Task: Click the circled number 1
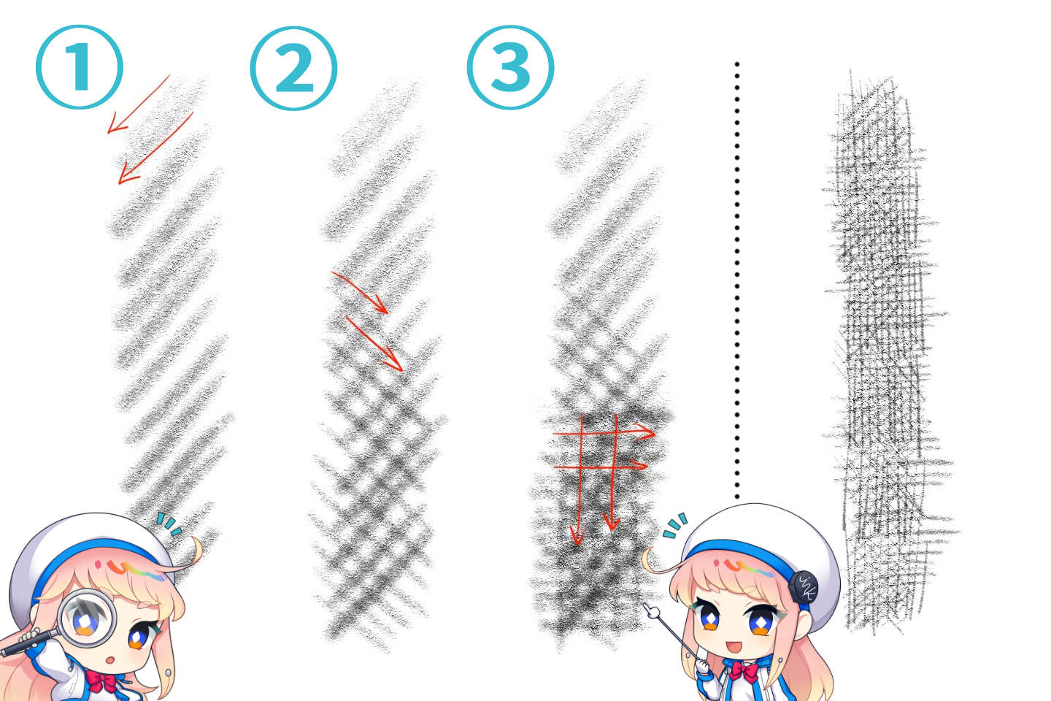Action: click(x=79, y=66)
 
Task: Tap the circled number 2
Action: click(x=293, y=68)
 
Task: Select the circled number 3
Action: click(x=510, y=66)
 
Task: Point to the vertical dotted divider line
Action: click(x=737, y=277)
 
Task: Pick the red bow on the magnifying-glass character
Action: click(x=101, y=683)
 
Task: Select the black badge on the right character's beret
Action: click(x=803, y=586)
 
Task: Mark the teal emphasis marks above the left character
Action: click(x=169, y=524)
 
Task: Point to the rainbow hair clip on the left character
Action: click(x=131, y=569)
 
